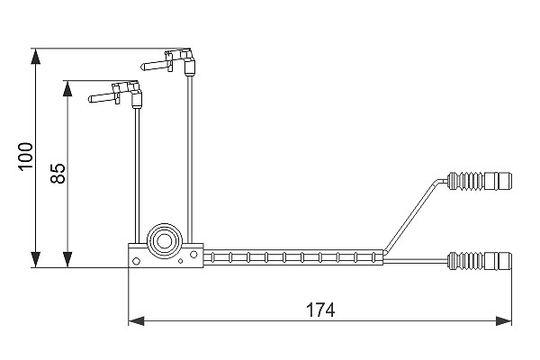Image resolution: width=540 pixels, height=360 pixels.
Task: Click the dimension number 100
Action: (26, 157)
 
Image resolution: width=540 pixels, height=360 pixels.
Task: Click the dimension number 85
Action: (58, 174)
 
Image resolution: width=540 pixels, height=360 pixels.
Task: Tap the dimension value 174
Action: (320, 310)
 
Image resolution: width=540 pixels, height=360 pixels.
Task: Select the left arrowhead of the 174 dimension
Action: (137, 321)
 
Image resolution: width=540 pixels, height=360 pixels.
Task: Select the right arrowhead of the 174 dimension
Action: (503, 321)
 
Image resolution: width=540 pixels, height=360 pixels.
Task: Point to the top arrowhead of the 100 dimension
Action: (35, 57)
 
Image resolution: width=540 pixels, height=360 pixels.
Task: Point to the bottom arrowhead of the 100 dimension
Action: (35, 259)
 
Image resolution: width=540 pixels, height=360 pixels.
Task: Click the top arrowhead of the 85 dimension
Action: (67, 88)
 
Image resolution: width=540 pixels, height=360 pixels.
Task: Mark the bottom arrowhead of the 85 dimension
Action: (67, 259)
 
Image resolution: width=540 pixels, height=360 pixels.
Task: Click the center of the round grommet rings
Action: (165, 241)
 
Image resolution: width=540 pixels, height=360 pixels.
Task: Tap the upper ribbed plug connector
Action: (479, 181)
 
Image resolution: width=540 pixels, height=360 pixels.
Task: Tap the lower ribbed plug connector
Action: (479, 261)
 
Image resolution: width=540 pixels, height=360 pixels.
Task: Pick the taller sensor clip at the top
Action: (169, 63)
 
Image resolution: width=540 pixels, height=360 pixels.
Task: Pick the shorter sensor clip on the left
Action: (115, 94)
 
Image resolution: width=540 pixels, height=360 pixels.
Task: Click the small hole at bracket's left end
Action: (136, 262)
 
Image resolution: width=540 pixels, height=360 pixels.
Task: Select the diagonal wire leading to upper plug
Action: (412, 215)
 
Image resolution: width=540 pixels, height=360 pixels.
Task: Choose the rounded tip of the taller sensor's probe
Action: (142, 67)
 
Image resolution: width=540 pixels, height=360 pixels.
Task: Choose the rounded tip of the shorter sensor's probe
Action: (91, 99)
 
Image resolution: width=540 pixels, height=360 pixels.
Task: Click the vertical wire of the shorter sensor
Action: (137, 175)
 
